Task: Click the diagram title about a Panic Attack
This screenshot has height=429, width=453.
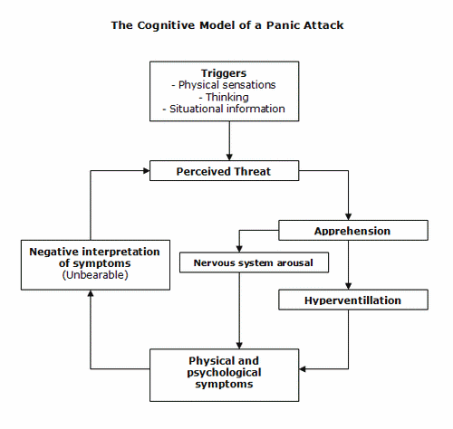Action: click(226, 25)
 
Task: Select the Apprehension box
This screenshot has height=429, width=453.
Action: click(352, 231)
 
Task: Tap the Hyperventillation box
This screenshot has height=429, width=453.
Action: click(352, 299)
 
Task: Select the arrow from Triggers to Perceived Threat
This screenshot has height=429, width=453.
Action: click(229, 140)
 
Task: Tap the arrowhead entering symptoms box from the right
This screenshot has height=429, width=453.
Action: click(304, 368)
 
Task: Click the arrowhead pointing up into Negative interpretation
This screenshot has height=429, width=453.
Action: click(90, 296)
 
